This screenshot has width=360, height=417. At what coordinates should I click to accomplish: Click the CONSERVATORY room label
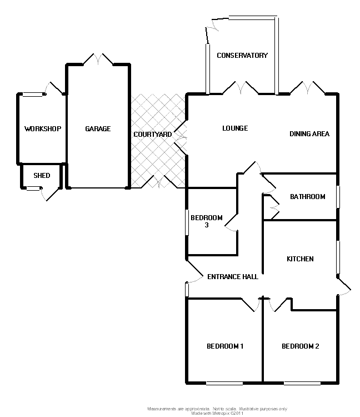click(x=242, y=56)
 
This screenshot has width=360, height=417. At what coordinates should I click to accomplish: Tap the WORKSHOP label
click(x=43, y=129)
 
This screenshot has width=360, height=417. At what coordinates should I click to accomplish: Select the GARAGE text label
click(x=98, y=129)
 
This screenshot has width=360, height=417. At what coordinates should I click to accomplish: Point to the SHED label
click(x=42, y=176)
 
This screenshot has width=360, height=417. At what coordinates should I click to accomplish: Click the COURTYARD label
click(x=152, y=135)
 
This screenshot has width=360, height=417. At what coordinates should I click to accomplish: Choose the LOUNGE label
click(x=235, y=128)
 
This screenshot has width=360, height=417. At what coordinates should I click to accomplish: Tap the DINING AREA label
click(x=309, y=134)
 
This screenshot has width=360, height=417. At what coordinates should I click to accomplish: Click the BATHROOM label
click(x=307, y=197)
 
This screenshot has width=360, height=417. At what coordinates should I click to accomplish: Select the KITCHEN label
click(x=300, y=259)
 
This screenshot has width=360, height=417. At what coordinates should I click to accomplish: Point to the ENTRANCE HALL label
click(x=232, y=277)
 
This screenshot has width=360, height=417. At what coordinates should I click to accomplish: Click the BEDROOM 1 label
click(x=225, y=346)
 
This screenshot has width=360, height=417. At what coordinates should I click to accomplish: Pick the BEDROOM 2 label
click(x=301, y=346)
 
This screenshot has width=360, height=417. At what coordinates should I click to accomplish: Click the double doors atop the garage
click(x=98, y=59)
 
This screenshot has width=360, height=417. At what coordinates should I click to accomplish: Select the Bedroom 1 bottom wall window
click(x=224, y=383)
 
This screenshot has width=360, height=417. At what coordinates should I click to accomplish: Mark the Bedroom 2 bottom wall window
click(x=302, y=383)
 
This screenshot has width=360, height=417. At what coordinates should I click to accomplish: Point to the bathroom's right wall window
click(x=338, y=197)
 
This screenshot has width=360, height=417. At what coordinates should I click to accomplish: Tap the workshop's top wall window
click(x=32, y=95)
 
